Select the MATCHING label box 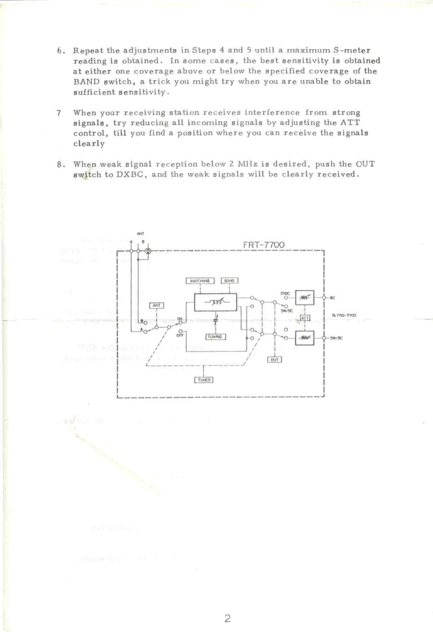pyautogui.click(x=201, y=280)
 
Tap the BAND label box pyautogui.click(x=229, y=280)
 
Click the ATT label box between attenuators pyautogui.click(x=305, y=318)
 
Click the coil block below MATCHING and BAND pyautogui.click(x=215, y=302)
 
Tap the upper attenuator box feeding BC pyautogui.click(x=305, y=297)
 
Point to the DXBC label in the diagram pyautogui.click(x=285, y=293)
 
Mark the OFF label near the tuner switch pyautogui.click(x=180, y=335)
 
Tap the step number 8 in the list pyautogui.click(x=61, y=164)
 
